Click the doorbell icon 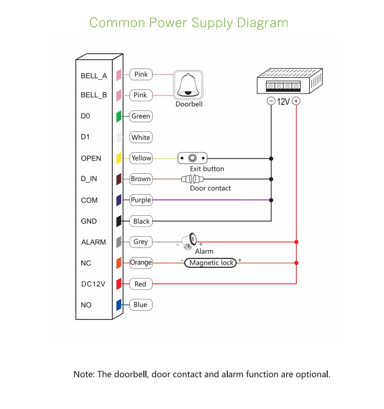pyautogui.click(x=189, y=85)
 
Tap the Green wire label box pyautogui.click(x=141, y=117)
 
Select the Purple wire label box pyautogui.click(x=141, y=200)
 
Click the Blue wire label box pyautogui.click(x=140, y=305)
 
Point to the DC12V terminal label pyautogui.click(x=93, y=284)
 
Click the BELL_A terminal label pyautogui.click(x=94, y=76)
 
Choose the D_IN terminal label pyautogui.click(x=89, y=179)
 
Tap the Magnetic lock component pyautogui.click(x=211, y=263)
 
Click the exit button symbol pyautogui.click(x=193, y=158)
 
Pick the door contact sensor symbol pyautogui.click(x=192, y=179)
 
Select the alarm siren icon pyautogui.click(x=190, y=241)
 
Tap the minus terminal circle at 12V pyautogui.click(x=271, y=101)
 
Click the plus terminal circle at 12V pyautogui.click(x=296, y=101)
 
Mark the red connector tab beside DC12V pyautogui.click(x=118, y=284)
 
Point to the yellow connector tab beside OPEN pyautogui.click(x=118, y=158)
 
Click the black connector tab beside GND pyautogui.click(x=118, y=221)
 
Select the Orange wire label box pyautogui.click(x=141, y=263)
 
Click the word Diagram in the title pyautogui.click(x=263, y=23)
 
